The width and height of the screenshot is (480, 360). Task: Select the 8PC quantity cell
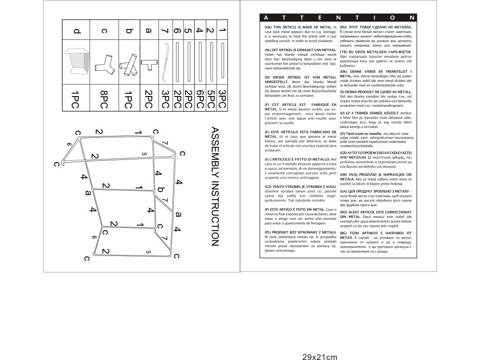point(104,97)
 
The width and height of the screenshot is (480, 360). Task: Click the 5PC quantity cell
point(210,97)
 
